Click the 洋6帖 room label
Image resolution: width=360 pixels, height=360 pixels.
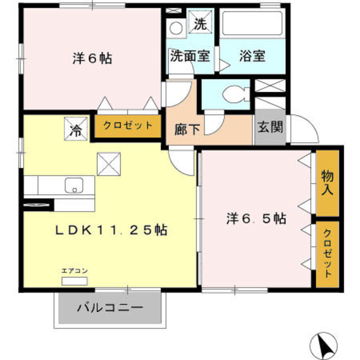point(91,58)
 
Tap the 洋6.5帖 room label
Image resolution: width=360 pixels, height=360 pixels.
point(256,219)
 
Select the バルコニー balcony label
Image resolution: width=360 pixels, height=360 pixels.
point(110,308)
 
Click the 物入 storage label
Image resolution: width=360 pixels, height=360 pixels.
point(327,183)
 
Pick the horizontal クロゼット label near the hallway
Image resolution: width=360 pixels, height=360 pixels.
point(128,125)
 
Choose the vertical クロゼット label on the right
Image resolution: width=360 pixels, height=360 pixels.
point(327,254)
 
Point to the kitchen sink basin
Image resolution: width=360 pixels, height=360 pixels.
point(74,184)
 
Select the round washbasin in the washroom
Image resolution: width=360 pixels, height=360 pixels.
point(176,28)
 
